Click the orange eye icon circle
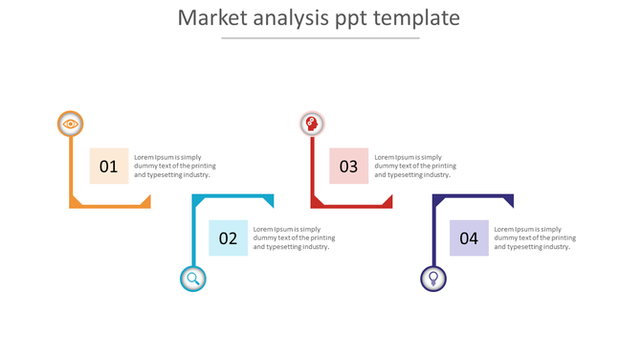[x=70, y=124]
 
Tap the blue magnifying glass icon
[x=193, y=279]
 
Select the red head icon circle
[x=312, y=124]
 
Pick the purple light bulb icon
[x=433, y=279]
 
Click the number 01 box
[x=108, y=166]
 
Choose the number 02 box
[x=228, y=238]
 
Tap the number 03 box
[x=348, y=166]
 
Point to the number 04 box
[x=469, y=238]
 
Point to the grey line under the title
[x=320, y=38]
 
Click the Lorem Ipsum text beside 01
[x=174, y=166]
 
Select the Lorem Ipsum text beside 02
[x=294, y=238]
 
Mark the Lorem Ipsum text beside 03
[x=415, y=166]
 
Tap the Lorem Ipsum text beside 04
[x=535, y=238]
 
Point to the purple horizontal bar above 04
[x=473, y=197]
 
